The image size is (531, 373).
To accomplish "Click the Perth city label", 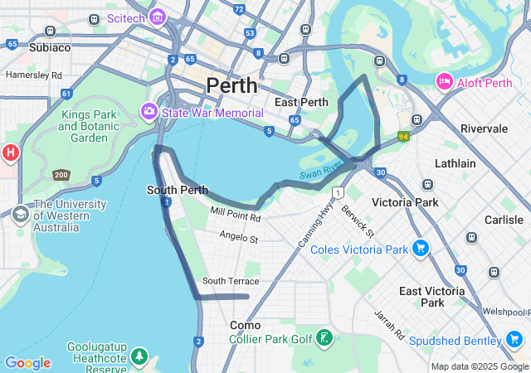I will [x=231, y=85].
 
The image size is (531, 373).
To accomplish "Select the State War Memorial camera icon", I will [x=149, y=111].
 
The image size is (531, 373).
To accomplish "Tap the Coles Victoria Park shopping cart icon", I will [x=420, y=248].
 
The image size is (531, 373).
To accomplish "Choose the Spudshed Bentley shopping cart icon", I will [x=514, y=340].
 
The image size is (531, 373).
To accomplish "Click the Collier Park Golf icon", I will [x=324, y=338].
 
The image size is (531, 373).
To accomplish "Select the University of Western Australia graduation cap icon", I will [x=20, y=216].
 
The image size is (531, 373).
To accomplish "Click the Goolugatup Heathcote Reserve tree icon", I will [x=140, y=356].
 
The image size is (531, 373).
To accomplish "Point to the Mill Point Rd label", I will [x=236, y=216].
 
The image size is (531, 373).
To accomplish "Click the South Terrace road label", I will [x=230, y=282].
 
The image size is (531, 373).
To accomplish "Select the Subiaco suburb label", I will [x=50, y=48].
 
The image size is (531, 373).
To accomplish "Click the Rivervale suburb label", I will [x=484, y=128].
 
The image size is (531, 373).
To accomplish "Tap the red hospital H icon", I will [x=10, y=153].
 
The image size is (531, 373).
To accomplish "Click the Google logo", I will [x=27, y=363].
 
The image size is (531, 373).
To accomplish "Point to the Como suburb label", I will [x=245, y=326].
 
